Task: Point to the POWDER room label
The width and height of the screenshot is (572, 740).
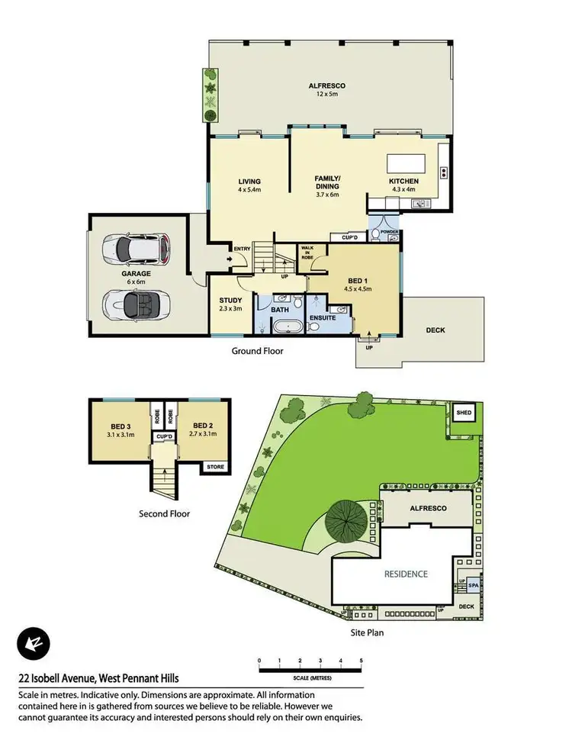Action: [x=389, y=232]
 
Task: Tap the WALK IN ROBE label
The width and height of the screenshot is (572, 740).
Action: [x=308, y=253]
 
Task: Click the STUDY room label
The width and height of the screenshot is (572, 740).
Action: [x=230, y=300]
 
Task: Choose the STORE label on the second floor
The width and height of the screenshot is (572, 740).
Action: [x=212, y=466]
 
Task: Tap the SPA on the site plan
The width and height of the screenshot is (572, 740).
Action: [x=473, y=586]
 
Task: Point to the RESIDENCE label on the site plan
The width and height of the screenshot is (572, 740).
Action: [x=405, y=574]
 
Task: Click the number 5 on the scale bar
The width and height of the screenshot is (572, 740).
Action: [x=361, y=660]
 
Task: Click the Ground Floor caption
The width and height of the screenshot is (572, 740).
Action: [x=258, y=352]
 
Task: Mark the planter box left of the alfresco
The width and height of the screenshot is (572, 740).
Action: [x=209, y=94]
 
